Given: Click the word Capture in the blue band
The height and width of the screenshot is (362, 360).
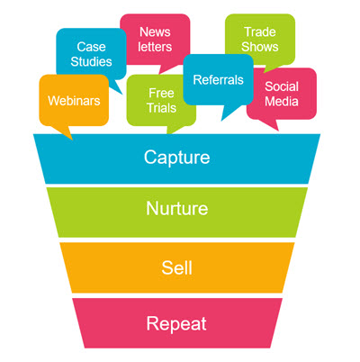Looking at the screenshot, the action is tap(176, 158).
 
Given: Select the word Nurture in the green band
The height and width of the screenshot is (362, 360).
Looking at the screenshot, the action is tap(177, 208).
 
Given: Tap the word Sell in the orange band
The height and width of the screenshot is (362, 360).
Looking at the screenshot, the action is tap(176, 267).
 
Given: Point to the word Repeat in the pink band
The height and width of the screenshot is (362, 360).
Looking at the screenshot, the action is tap(176, 324).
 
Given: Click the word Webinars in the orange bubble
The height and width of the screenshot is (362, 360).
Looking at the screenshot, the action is tap(74, 101).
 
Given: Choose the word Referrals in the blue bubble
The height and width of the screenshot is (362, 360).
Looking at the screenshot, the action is tap(218, 80).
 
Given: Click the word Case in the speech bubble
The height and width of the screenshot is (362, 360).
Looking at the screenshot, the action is tap(91, 47).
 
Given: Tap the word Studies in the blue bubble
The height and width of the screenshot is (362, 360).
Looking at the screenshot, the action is tap(91, 61).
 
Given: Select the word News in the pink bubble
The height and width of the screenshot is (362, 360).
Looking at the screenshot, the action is tap(155, 32).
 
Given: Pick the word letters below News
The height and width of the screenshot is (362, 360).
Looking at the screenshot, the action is tap(155, 47).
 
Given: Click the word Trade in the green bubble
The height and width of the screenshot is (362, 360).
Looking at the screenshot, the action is tap(260, 32).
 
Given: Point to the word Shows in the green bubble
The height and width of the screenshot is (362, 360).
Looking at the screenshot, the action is tap(260, 47).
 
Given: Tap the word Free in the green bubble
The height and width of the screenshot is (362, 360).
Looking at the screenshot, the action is tap(161, 93).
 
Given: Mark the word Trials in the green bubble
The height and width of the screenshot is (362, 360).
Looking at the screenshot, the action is tap(161, 108).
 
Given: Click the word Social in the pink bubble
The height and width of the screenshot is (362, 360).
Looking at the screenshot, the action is tap(282, 86).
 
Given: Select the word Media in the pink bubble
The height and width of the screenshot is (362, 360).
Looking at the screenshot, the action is tap(282, 102).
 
